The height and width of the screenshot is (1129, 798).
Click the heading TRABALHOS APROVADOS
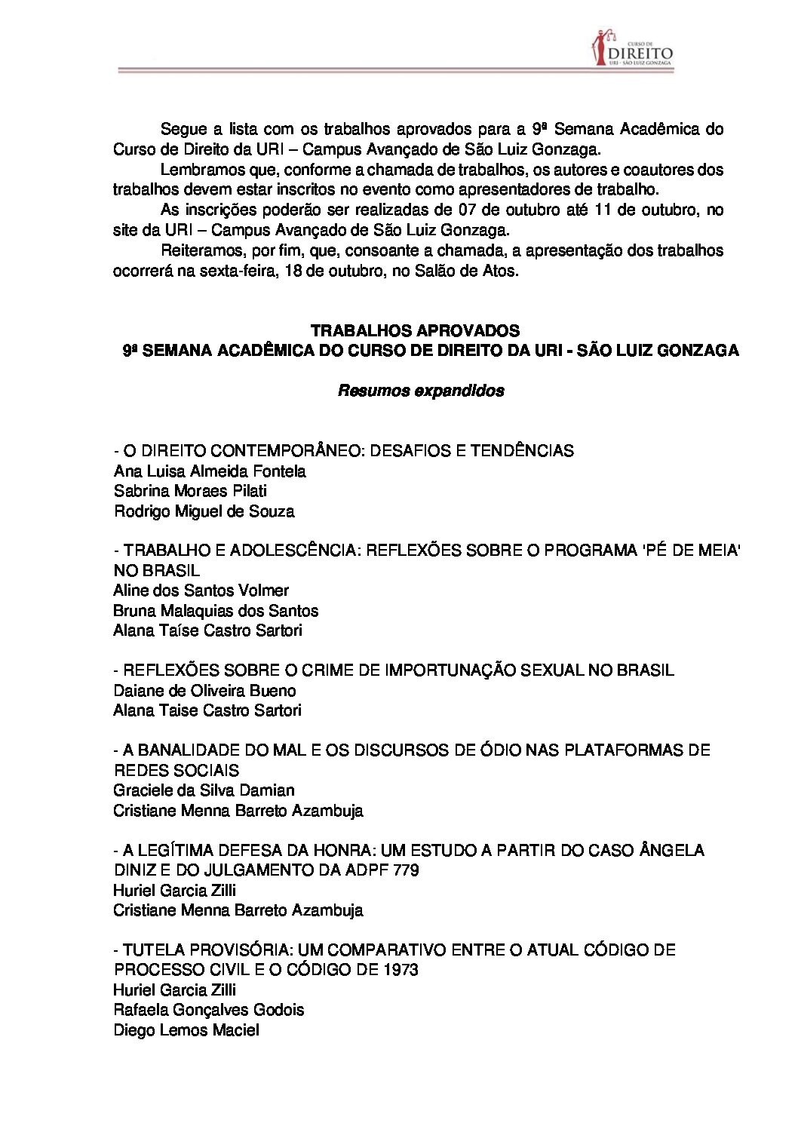(415, 330)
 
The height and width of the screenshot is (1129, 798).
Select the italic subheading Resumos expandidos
(421, 391)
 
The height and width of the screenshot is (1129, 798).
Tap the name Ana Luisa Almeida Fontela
(210, 471)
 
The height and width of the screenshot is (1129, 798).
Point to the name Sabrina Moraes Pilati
(190, 491)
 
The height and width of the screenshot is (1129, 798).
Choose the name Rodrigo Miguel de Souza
(204, 511)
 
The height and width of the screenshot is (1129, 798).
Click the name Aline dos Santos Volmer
(201, 591)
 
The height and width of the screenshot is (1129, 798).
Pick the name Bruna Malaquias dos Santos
(216, 610)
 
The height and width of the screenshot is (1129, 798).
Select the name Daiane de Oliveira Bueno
(204, 690)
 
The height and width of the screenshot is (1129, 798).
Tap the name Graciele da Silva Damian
(204, 790)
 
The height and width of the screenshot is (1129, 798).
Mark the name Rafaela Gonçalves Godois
(209, 1009)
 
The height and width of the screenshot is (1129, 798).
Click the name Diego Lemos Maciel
(186, 1029)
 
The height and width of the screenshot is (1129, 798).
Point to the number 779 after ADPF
(406, 870)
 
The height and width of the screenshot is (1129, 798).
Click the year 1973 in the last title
(400, 969)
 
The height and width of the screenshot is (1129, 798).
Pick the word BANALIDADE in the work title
(185, 750)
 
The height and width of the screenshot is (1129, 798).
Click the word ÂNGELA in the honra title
(671, 850)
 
